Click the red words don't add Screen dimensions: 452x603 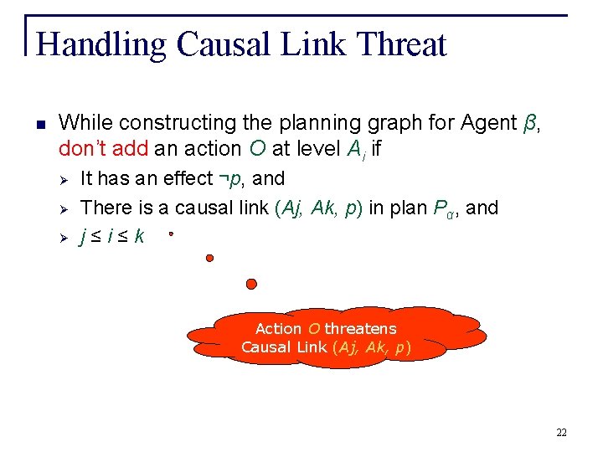click(104, 150)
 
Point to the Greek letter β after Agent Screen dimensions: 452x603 click(529, 123)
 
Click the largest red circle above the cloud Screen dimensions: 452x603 click(251, 284)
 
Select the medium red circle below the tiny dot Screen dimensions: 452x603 click(209, 258)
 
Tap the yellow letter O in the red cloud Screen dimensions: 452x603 click(316, 329)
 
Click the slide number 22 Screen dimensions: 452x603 click(561, 433)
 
